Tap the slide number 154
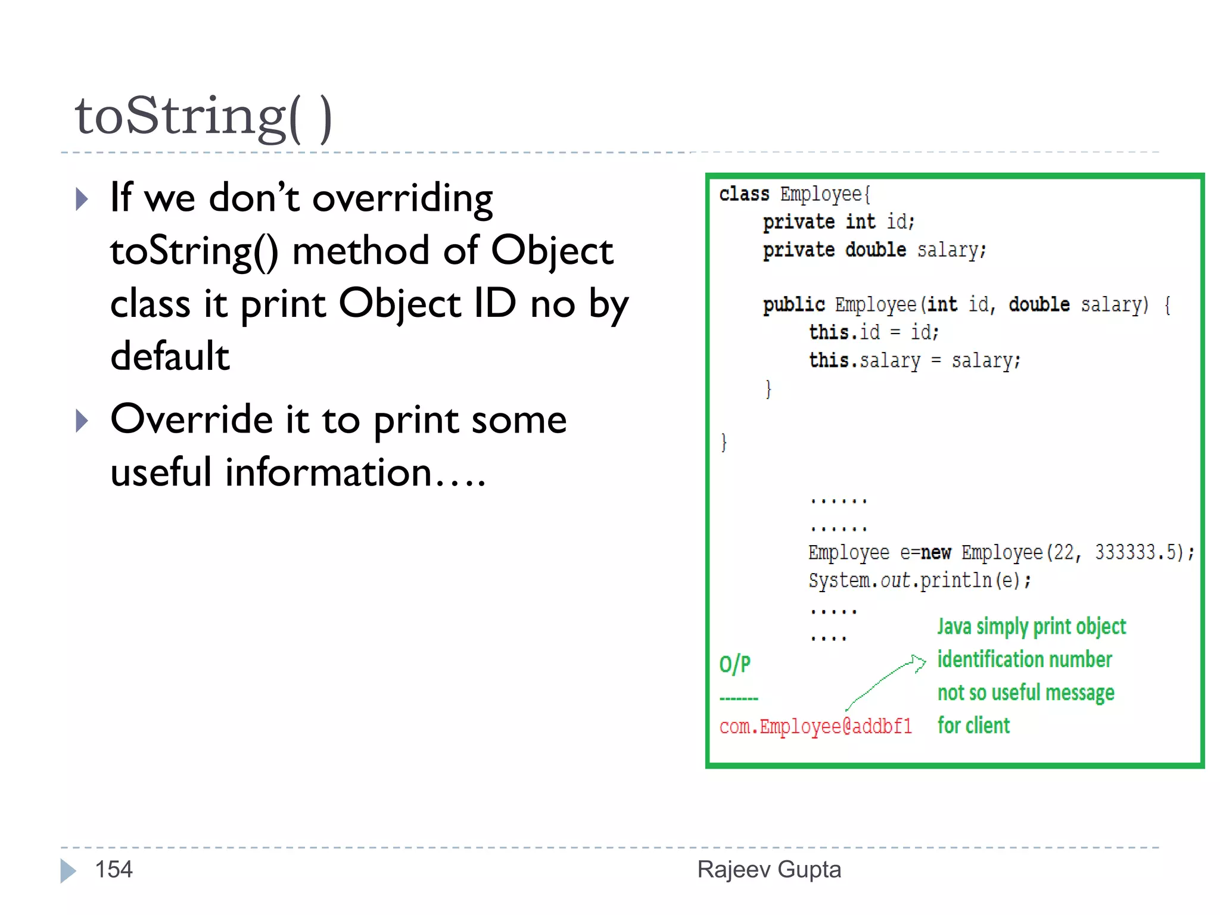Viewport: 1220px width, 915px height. click(114, 870)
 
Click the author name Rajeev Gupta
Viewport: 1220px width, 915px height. click(769, 870)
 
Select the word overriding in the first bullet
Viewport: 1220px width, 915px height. click(403, 198)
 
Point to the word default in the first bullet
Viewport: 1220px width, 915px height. click(170, 356)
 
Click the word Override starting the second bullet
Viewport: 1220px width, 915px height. click(192, 419)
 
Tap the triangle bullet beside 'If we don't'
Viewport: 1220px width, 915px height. click(82, 199)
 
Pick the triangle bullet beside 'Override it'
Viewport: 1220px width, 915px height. click(82, 421)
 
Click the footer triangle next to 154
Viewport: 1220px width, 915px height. click(69, 870)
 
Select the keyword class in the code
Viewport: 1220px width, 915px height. click(744, 194)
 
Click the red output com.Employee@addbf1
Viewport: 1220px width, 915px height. click(816, 727)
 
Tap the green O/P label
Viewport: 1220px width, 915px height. click(735, 664)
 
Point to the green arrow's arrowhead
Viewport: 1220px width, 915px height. click(920, 662)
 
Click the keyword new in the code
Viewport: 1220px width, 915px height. click(936, 553)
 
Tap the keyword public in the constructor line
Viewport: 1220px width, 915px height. click(794, 305)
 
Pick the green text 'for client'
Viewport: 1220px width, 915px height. click(973, 726)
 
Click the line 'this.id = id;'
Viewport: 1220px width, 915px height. click(873, 332)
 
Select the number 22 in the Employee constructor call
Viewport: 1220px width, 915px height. click(1064, 553)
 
